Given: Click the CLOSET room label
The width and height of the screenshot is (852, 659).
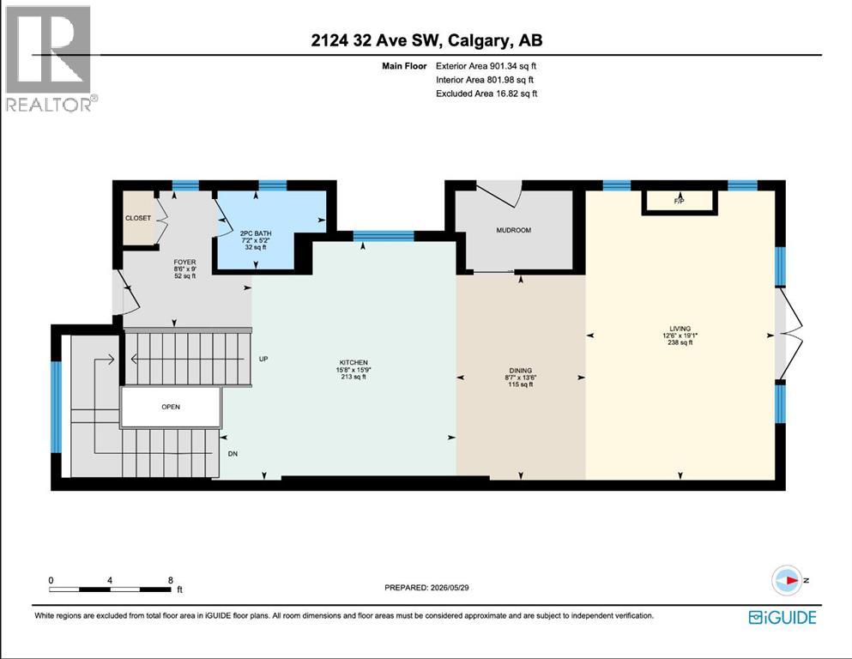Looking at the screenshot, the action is click(x=138, y=218).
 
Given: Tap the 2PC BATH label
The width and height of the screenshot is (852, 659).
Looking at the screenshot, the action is click(x=256, y=233).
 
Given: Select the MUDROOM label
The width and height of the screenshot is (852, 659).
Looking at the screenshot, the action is click(x=513, y=230).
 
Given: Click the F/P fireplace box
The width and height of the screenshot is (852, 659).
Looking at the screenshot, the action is click(x=680, y=202).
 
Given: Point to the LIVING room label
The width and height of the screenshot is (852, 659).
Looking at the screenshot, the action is click(x=680, y=328).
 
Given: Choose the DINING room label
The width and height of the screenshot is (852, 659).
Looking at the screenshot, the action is click(x=521, y=371).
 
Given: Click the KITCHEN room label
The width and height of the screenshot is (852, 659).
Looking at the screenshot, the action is click(x=353, y=362).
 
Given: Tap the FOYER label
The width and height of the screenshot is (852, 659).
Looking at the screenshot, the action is click(x=184, y=262).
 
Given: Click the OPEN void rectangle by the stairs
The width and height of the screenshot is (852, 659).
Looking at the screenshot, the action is click(x=171, y=407).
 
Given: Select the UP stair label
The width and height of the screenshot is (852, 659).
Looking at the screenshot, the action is click(x=263, y=359).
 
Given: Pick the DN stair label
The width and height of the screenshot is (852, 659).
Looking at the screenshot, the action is click(x=233, y=454).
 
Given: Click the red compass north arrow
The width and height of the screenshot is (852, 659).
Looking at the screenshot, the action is click(x=791, y=580).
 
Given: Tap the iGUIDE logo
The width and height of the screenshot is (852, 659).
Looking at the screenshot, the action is click(x=783, y=618).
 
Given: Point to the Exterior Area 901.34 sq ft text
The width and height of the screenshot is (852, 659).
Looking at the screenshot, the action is click(x=486, y=66).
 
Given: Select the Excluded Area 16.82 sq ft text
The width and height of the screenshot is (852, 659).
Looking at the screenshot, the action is click(x=486, y=94).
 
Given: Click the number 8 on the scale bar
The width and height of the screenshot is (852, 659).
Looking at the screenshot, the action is click(x=171, y=580).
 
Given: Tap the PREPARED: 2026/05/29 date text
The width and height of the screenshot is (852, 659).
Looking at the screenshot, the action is click(x=426, y=587).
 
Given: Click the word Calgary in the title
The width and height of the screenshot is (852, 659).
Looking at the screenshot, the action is click(x=479, y=40).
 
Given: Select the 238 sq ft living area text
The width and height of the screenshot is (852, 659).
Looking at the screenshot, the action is click(x=680, y=343).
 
